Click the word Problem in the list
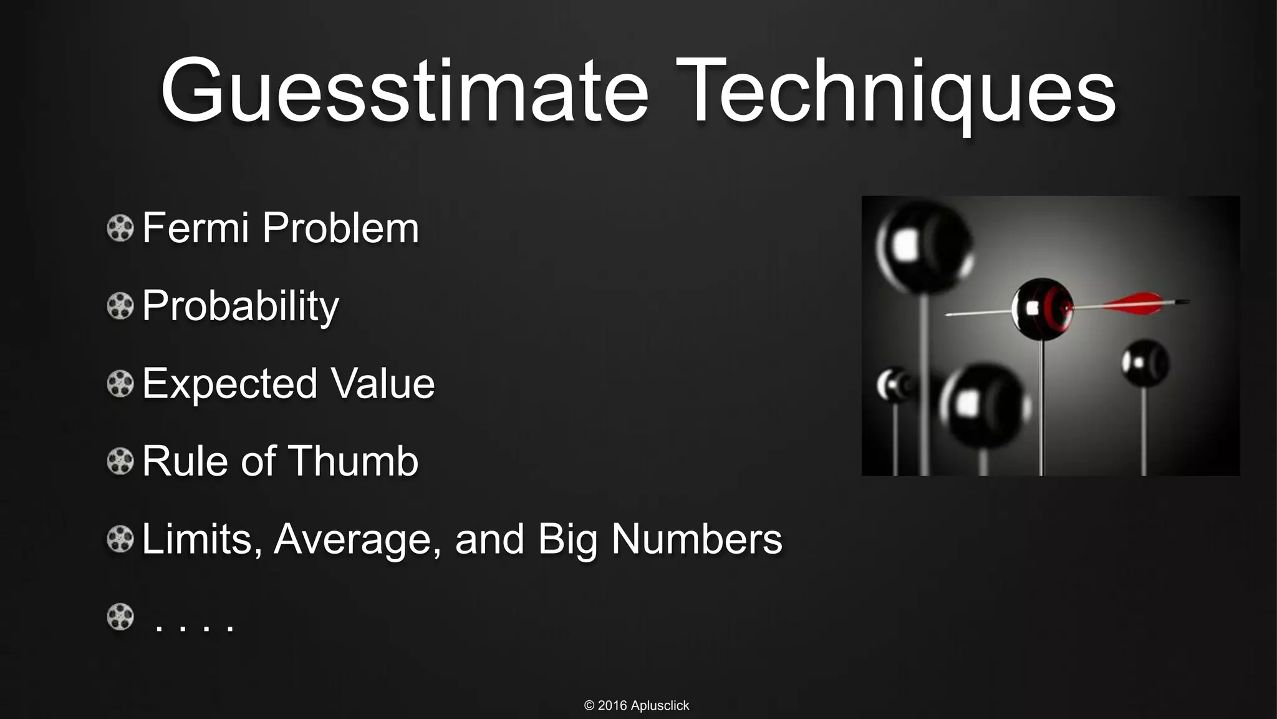(340, 228)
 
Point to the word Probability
(241, 306)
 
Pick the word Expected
(229, 384)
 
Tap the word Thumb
(352, 461)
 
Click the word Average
(353, 540)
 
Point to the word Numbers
(696, 539)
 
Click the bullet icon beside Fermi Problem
(120, 228)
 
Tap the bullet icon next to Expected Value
(120, 384)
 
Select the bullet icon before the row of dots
(120, 617)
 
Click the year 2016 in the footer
(612, 706)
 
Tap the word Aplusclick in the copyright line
(660, 706)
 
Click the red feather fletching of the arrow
(1132, 304)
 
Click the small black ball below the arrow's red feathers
(1144, 363)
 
